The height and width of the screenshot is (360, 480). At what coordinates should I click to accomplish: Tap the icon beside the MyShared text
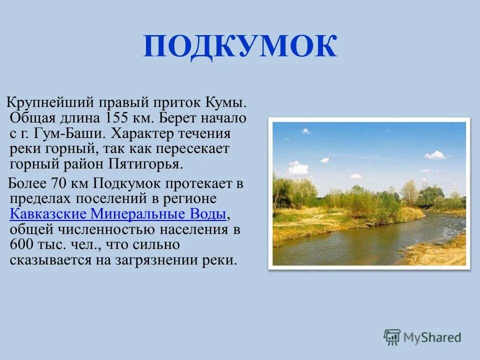tap(392, 337)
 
